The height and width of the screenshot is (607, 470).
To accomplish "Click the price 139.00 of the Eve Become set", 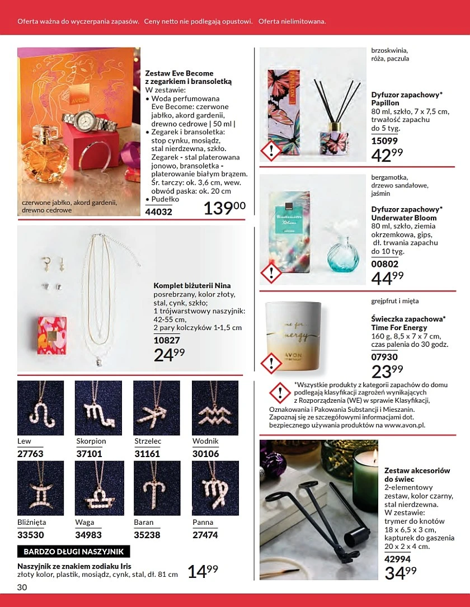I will tap(224, 209).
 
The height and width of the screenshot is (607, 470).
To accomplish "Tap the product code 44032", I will tap(159, 212).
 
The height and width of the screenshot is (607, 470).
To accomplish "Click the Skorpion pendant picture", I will tap(98, 408).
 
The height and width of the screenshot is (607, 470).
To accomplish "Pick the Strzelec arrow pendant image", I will tap(157, 408).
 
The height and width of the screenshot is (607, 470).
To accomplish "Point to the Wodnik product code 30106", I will tap(206, 454).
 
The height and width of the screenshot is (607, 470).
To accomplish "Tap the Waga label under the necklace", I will tap(84, 523).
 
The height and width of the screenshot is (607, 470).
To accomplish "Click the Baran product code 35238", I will tap(147, 534).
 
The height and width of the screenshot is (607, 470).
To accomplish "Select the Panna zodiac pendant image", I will tap(215, 488).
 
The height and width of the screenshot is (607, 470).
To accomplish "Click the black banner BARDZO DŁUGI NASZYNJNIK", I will tap(74, 552).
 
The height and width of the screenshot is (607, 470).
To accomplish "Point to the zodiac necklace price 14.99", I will tap(203, 572).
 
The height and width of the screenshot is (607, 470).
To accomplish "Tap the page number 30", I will tap(22, 587).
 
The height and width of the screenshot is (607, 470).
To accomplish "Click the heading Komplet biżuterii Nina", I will tap(192, 285).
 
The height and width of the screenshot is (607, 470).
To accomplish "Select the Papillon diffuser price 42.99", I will tap(387, 154).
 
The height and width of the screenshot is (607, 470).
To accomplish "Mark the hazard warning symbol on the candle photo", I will tap(271, 363).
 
